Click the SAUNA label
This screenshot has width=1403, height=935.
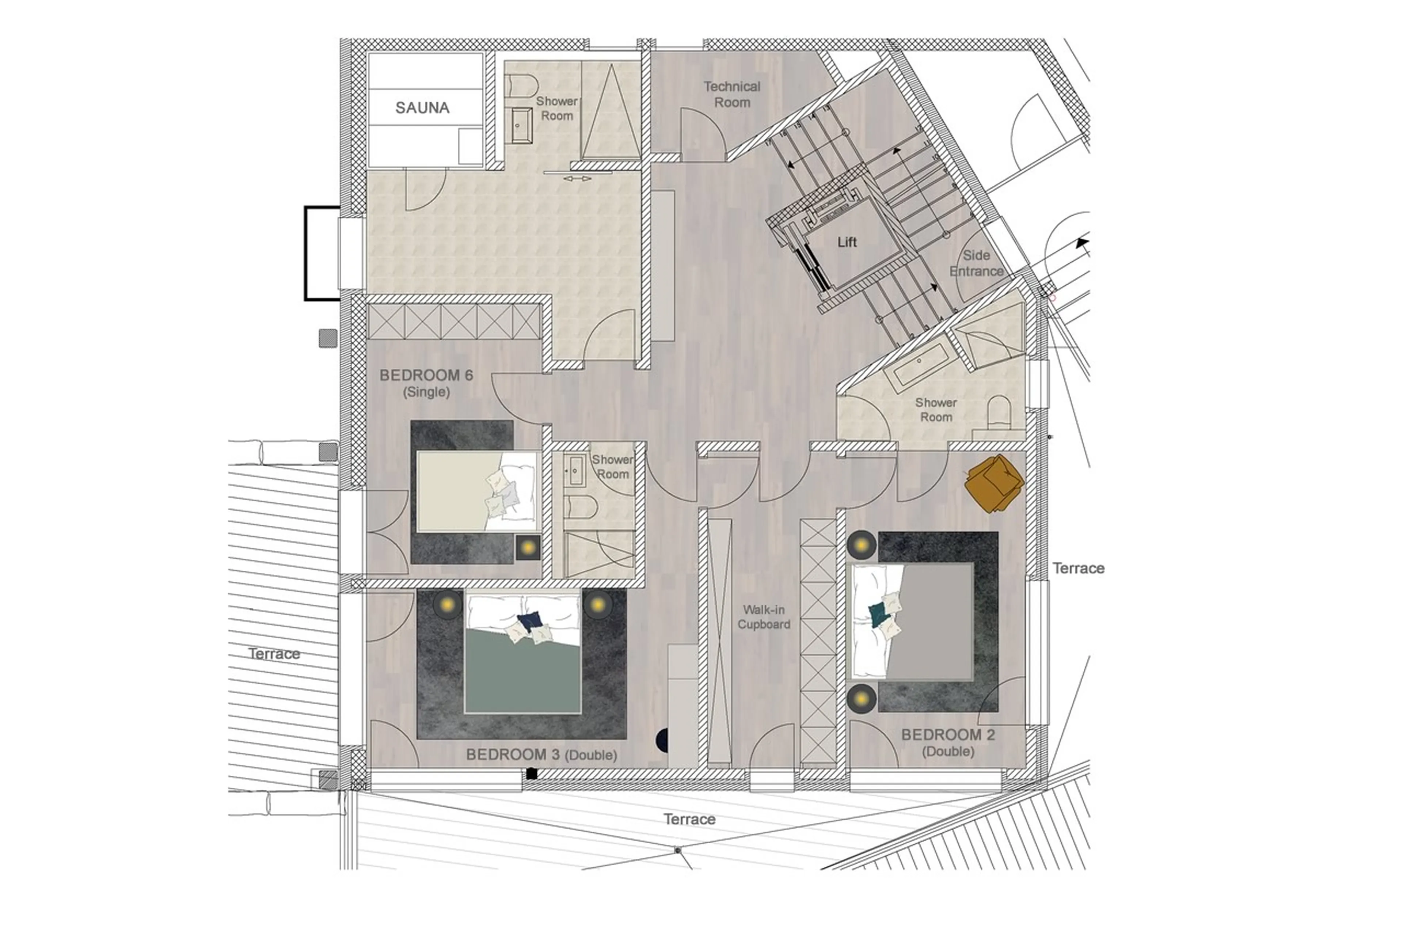(x=422, y=108)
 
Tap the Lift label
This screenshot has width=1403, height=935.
(x=847, y=242)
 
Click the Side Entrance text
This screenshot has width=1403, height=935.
(x=976, y=263)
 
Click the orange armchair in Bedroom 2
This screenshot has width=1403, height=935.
(x=993, y=482)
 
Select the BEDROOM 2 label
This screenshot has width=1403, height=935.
(x=947, y=735)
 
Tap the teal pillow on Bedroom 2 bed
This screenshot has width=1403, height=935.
(x=877, y=614)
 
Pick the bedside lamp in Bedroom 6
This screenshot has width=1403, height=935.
(x=528, y=547)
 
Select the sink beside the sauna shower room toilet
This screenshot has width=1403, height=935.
(x=521, y=126)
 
